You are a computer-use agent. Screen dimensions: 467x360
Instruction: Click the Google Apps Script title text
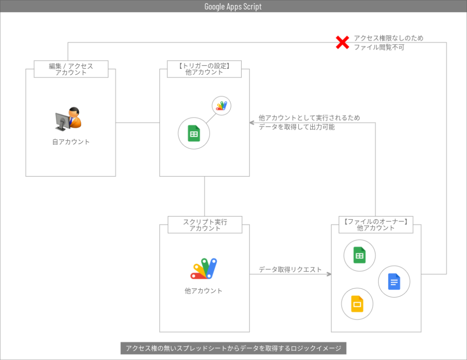pyautogui.click(x=233, y=6)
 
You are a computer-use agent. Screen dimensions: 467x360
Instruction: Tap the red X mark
pyautogui.click(x=342, y=42)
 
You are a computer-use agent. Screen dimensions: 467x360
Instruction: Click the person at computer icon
pyautogui.click(x=68, y=118)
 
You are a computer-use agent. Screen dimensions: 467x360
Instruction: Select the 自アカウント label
pyautogui.click(x=71, y=142)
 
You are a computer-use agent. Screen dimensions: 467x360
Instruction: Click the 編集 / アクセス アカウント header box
pyautogui.click(x=71, y=69)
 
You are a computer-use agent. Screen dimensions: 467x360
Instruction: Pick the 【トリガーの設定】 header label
pyautogui.click(x=204, y=66)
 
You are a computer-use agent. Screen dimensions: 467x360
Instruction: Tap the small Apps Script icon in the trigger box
pyautogui.click(x=222, y=106)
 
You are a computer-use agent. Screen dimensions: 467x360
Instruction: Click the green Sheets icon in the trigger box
pyautogui.click(x=194, y=134)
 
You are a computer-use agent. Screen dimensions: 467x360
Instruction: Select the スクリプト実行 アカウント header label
pyautogui.click(x=205, y=225)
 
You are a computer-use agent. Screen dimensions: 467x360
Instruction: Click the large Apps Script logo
pyautogui.click(x=204, y=269)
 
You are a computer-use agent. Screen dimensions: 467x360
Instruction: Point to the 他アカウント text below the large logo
pyautogui.click(x=204, y=291)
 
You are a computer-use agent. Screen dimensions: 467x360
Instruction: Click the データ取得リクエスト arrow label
pyautogui.click(x=290, y=269)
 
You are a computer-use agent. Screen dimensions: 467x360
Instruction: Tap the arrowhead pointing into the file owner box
pyautogui.click(x=328, y=274)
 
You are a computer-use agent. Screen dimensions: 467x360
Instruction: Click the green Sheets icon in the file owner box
pyautogui.click(x=359, y=256)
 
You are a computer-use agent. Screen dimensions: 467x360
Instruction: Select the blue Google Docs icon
pyautogui.click(x=394, y=282)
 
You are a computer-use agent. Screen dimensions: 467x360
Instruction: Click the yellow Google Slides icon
pyautogui.click(x=357, y=304)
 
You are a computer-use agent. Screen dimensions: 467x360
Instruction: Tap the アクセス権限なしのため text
pyautogui.click(x=389, y=38)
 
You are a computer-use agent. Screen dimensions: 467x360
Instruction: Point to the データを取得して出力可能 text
pyautogui.click(x=296, y=127)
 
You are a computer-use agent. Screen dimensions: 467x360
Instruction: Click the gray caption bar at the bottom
pyautogui.click(x=233, y=348)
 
